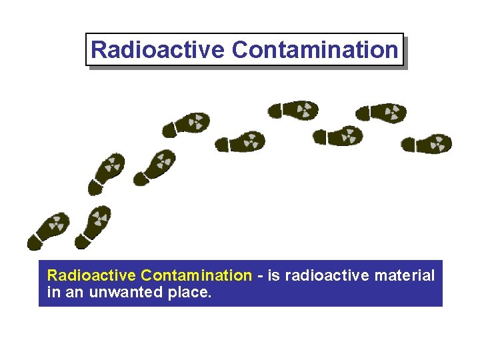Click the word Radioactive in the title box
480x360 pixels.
(x=158, y=49)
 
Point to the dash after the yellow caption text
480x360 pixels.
(x=259, y=276)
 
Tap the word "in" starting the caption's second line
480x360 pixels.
(x=53, y=292)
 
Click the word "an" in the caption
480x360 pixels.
(x=73, y=292)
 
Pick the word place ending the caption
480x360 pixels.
(x=187, y=292)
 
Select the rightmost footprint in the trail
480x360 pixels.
(x=427, y=143)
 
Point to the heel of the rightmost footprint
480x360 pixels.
(x=408, y=144)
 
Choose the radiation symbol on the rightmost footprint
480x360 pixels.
(x=438, y=143)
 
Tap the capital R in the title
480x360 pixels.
(x=98, y=49)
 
